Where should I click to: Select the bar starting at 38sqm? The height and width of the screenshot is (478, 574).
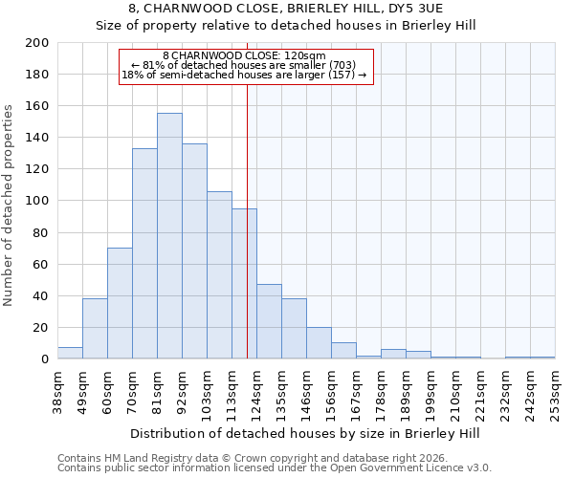tap(70, 353)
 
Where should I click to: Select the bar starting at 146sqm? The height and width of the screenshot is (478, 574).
tap(319, 343)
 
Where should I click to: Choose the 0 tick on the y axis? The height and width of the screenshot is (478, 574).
tap(45, 359)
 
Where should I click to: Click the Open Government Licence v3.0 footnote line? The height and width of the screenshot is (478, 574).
tap(275, 468)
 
